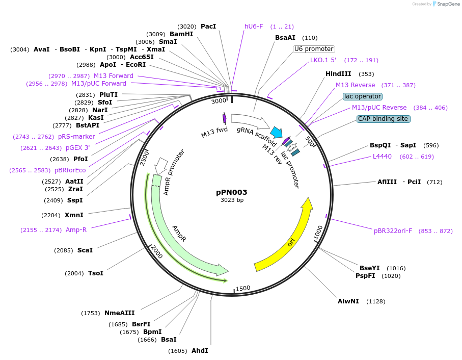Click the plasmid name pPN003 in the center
[x=232, y=192]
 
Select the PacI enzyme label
[x=208, y=26]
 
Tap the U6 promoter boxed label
[x=314, y=49]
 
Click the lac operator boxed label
[x=363, y=96]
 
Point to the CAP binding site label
[x=383, y=119]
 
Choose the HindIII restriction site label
[x=338, y=74]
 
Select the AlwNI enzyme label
[x=348, y=301]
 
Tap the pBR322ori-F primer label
[x=393, y=231]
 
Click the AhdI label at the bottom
[x=200, y=351]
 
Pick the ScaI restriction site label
[x=85, y=250]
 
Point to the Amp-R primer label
[x=76, y=230]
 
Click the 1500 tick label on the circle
[x=243, y=288]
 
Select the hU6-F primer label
[x=254, y=27]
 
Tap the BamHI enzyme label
[x=181, y=34]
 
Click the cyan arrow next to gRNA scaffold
[x=277, y=133]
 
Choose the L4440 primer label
[x=382, y=157]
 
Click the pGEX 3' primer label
[x=77, y=148]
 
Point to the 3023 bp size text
[x=232, y=200]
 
